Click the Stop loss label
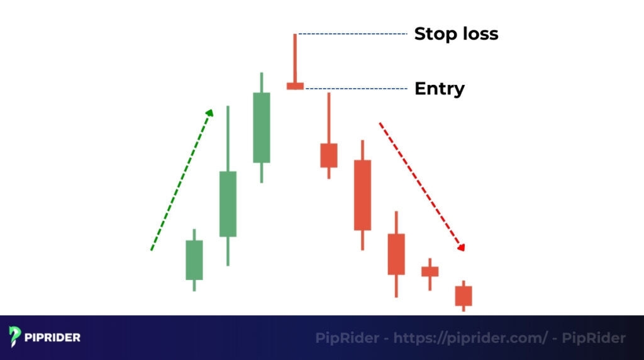click(455, 33)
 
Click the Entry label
click(439, 89)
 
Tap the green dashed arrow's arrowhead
click(210, 113)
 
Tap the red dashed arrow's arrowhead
click(462, 247)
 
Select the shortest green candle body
click(194, 260)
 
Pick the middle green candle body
click(228, 204)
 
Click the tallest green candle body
click(262, 128)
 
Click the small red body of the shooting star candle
click(295, 86)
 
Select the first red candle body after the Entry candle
click(329, 155)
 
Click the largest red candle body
click(362, 195)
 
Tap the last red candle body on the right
click(464, 296)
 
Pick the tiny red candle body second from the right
click(430, 271)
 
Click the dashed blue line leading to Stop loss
click(352, 34)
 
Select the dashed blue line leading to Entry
click(355, 89)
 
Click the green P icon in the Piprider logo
click(15, 337)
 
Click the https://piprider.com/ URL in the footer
click(470, 338)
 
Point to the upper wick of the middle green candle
click(228, 138)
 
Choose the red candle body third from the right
click(396, 254)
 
